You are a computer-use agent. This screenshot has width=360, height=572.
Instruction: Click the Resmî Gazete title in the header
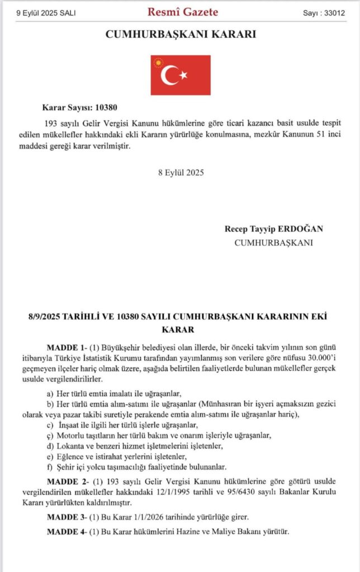[x=182, y=12]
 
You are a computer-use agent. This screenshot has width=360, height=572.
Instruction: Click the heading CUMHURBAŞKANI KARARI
[x=181, y=35]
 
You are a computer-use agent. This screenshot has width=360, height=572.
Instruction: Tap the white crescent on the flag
[x=169, y=75]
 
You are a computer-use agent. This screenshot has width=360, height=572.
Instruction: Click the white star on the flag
[x=183, y=75]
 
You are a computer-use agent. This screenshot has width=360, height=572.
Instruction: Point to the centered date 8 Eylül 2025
[x=181, y=172]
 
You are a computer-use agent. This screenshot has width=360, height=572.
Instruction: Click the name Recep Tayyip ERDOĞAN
[x=274, y=229]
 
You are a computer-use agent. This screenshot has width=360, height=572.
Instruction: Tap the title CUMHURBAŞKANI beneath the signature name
[x=273, y=242]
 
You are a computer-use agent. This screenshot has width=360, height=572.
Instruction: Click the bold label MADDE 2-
[x=67, y=480]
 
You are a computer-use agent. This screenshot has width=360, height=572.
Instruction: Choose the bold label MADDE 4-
[x=67, y=531]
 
